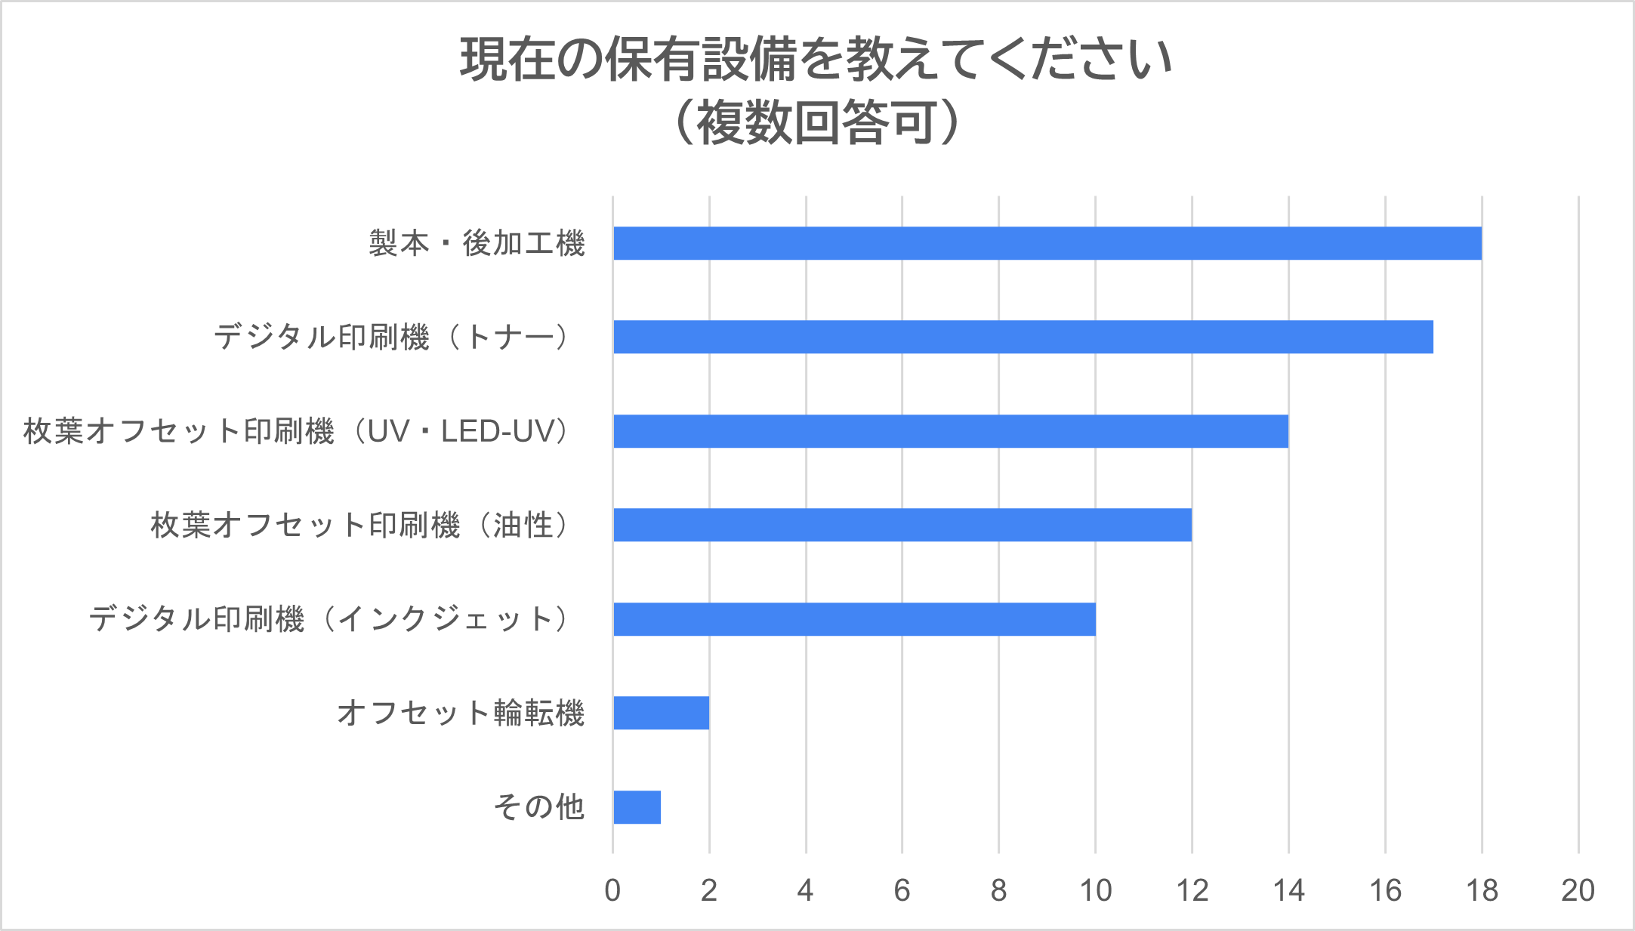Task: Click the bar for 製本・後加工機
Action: pyautogui.click(x=1047, y=243)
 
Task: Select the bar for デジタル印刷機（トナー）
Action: pyautogui.click(x=1023, y=337)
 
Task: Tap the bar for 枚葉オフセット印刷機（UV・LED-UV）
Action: pyautogui.click(x=950, y=431)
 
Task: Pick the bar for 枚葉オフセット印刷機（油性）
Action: pyautogui.click(x=902, y=525)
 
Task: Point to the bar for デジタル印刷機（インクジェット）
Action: pyautogui.click(x=853, y=619)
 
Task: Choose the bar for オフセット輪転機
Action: pyautogui.click(x=661, y=713)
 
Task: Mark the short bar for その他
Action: pyautogui.click(x=637, y=807)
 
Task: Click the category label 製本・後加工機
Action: pyautogui.click(x=477, y=243)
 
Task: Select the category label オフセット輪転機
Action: pyautogui.click(x=461, y=713)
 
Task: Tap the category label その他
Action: pyautogui.click(x=539, y=807)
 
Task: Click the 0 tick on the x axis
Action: pyautogui.click(x=612, y=891)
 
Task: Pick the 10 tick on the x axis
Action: pyautogui.click(x=1095, y=891)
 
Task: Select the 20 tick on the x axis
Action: pyautogui.click(x=1578, y=891)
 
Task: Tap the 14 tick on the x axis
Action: pyautogui.click(x=1288, y=891)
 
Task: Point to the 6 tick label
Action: pyautogui.click(x=902, y=891)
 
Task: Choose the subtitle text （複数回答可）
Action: pyautogui.click(x=816, y=123)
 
